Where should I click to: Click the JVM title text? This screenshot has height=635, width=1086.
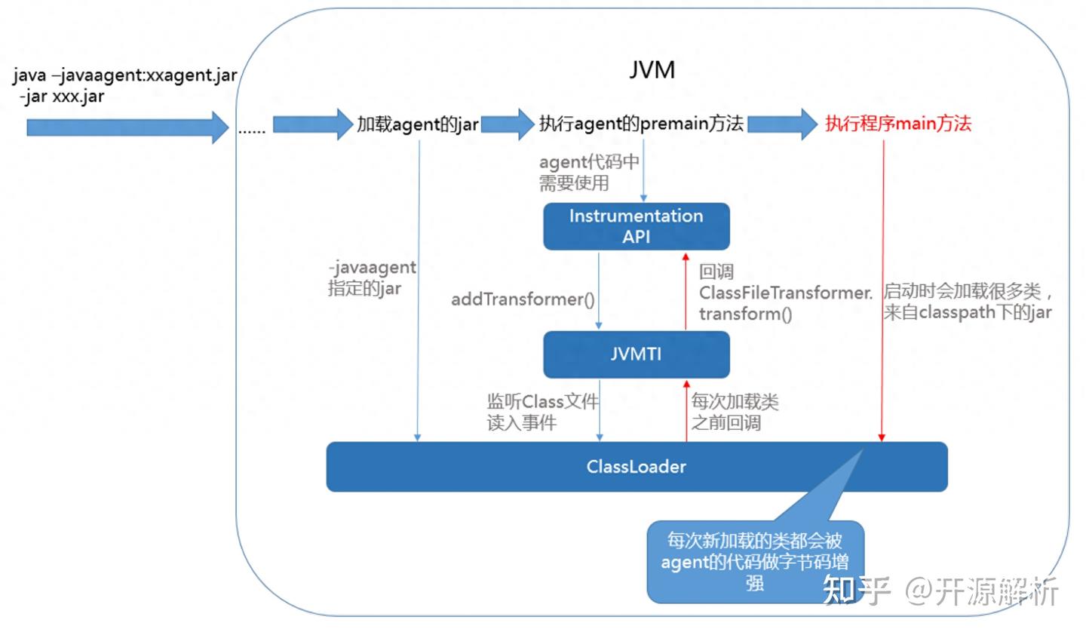[652, 70]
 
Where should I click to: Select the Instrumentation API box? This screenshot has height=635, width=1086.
[636, 226]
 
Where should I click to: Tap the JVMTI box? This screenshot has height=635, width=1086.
[636, 354]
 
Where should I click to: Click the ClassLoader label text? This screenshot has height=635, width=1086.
[636, 467]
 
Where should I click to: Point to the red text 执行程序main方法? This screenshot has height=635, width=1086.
[897, 124]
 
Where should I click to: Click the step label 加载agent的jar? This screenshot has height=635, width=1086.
[417, 124]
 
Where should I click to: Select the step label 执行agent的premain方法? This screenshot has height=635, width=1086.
[641, 124]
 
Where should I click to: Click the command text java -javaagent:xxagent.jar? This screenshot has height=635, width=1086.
[124, 76]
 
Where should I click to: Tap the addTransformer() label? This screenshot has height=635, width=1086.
[523, 299]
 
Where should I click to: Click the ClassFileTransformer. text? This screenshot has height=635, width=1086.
[784, 293]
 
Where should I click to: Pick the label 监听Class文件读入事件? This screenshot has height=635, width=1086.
[541, 412]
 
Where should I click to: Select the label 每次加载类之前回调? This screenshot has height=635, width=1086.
[734, 412]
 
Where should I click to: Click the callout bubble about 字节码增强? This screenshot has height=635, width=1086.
[754, 561]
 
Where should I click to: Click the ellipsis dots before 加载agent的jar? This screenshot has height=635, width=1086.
[252, 130]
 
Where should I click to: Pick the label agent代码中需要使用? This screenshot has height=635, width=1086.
[588, 172]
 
